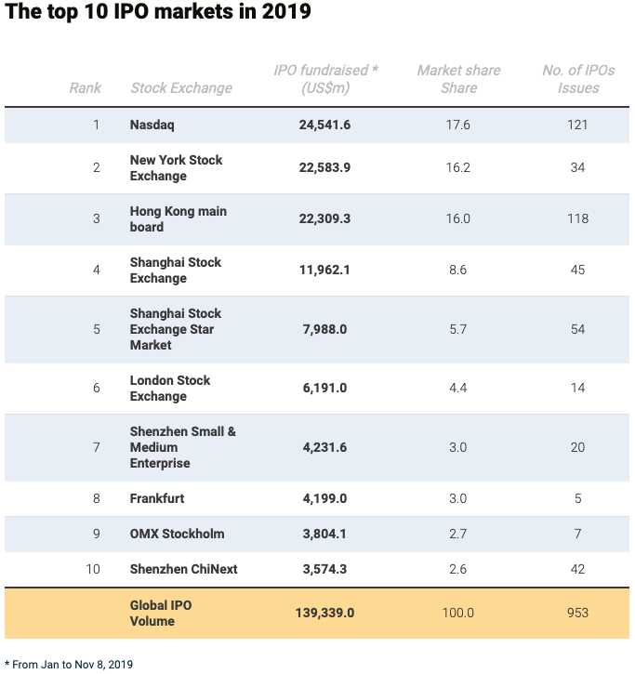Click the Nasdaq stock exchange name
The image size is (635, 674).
pyautogui.click(x=152, y=126)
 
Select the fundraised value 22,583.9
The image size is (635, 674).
pyautogui.click(x=324, y=167)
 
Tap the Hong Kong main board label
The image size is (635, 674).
pyautogui.click(x=178, y=218)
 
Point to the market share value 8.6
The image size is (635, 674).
pyautogui.click(x=457, y=270)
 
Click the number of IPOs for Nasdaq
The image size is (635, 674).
pyautogui.click(x=577, y=125)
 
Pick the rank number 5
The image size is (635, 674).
pyautogui.click(x=97, y=329)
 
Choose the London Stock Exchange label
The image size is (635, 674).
pyautogui.click(x=170, y=389)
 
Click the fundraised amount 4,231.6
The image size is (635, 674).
pyautogui.click(x=324, y=447)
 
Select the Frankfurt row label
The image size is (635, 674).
pyautogui.click(x=157, y=498)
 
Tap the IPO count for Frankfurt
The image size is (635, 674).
pyautogui.click(x=577, y=498)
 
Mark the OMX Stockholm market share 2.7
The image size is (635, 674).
pyautogui.click(x=457, y=534)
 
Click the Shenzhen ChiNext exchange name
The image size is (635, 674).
pyautogui.click(x=183, y=569)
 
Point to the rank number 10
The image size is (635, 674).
pyautogui.click(x=93, y=569)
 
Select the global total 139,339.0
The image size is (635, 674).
pyautogui.click(x=324, y=613)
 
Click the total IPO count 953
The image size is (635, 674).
pyautogui.click(x=577, y=613)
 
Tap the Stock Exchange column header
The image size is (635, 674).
pyautogui.click(x=181, y=88)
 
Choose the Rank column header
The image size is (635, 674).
pyautogui.click(x=86, y=88)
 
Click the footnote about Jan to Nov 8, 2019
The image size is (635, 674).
pyautogui.click(x=69, y=665)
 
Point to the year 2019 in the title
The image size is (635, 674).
pyautogui.click(x=286, y=11)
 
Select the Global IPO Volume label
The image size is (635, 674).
pyautogui.click(x=161, y=613)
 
